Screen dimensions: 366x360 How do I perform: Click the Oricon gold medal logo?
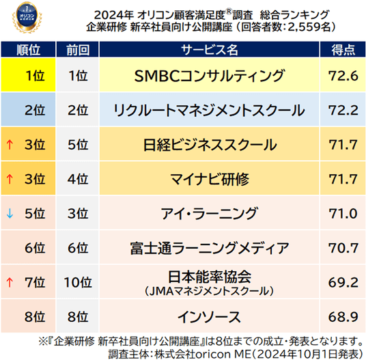click(x=27, y=17)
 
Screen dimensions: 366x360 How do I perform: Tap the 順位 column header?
click(x=28, y=50)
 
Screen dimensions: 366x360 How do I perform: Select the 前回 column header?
click(x=78, y=50)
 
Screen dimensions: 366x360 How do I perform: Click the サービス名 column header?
click(x=210, y=50)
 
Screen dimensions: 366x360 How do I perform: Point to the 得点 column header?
click(x=343, y=50)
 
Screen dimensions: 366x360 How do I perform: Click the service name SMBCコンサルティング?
click(x=210, y=76)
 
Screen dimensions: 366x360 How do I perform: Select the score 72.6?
click(x=343, y=76)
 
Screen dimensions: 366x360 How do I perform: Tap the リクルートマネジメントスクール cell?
click(x=210, y=110)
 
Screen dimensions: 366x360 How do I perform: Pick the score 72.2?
click(x=343, y=110)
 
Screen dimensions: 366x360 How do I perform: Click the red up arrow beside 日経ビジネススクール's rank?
click(x=10, y=145)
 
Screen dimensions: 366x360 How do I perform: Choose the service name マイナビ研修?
click(x=210, y=179)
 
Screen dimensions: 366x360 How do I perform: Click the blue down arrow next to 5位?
click(x=10, y=213)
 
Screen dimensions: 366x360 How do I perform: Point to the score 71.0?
click(x=343, y=214)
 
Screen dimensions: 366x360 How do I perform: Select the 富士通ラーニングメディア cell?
click(x=210, y=248)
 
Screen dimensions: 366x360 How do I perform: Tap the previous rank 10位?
click(x=78, y=282)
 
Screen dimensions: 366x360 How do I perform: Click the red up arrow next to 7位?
click(x=10, y=282)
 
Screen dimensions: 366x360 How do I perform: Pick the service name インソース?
click(x=210, y=317)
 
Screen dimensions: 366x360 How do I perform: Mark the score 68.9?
click(x=343, y=317)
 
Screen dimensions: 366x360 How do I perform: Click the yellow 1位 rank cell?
click(x=28, y=74)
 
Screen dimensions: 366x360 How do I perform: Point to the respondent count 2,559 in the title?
click(x=305, y=27)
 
